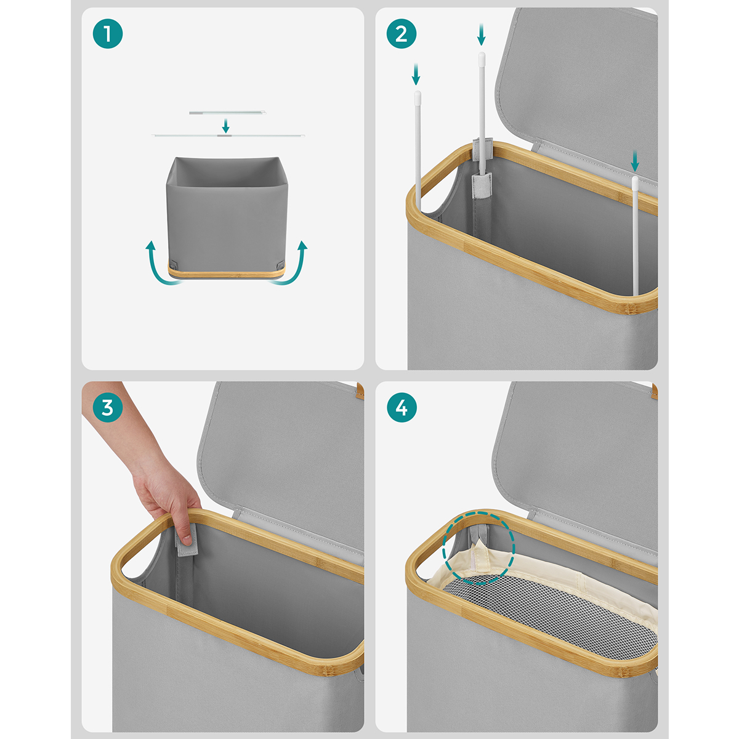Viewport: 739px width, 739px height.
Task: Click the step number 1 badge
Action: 108,34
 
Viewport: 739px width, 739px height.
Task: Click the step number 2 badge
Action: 402,34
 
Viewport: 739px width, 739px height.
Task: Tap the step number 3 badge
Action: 108,407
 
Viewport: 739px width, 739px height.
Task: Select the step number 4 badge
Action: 402,407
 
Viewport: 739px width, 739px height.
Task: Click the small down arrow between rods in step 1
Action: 226,126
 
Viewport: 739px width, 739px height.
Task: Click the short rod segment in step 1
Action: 227,113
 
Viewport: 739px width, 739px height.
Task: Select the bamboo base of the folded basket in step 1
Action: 227,272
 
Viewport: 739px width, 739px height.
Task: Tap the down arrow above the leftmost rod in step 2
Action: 416,75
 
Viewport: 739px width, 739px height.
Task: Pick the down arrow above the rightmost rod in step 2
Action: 635,161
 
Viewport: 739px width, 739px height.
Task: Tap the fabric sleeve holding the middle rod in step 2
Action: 482,185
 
